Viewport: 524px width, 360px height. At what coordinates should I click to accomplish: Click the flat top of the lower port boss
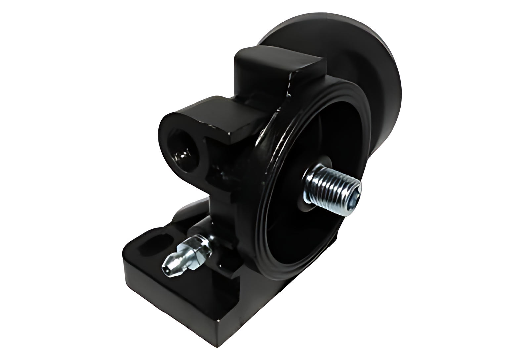(212, 112)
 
